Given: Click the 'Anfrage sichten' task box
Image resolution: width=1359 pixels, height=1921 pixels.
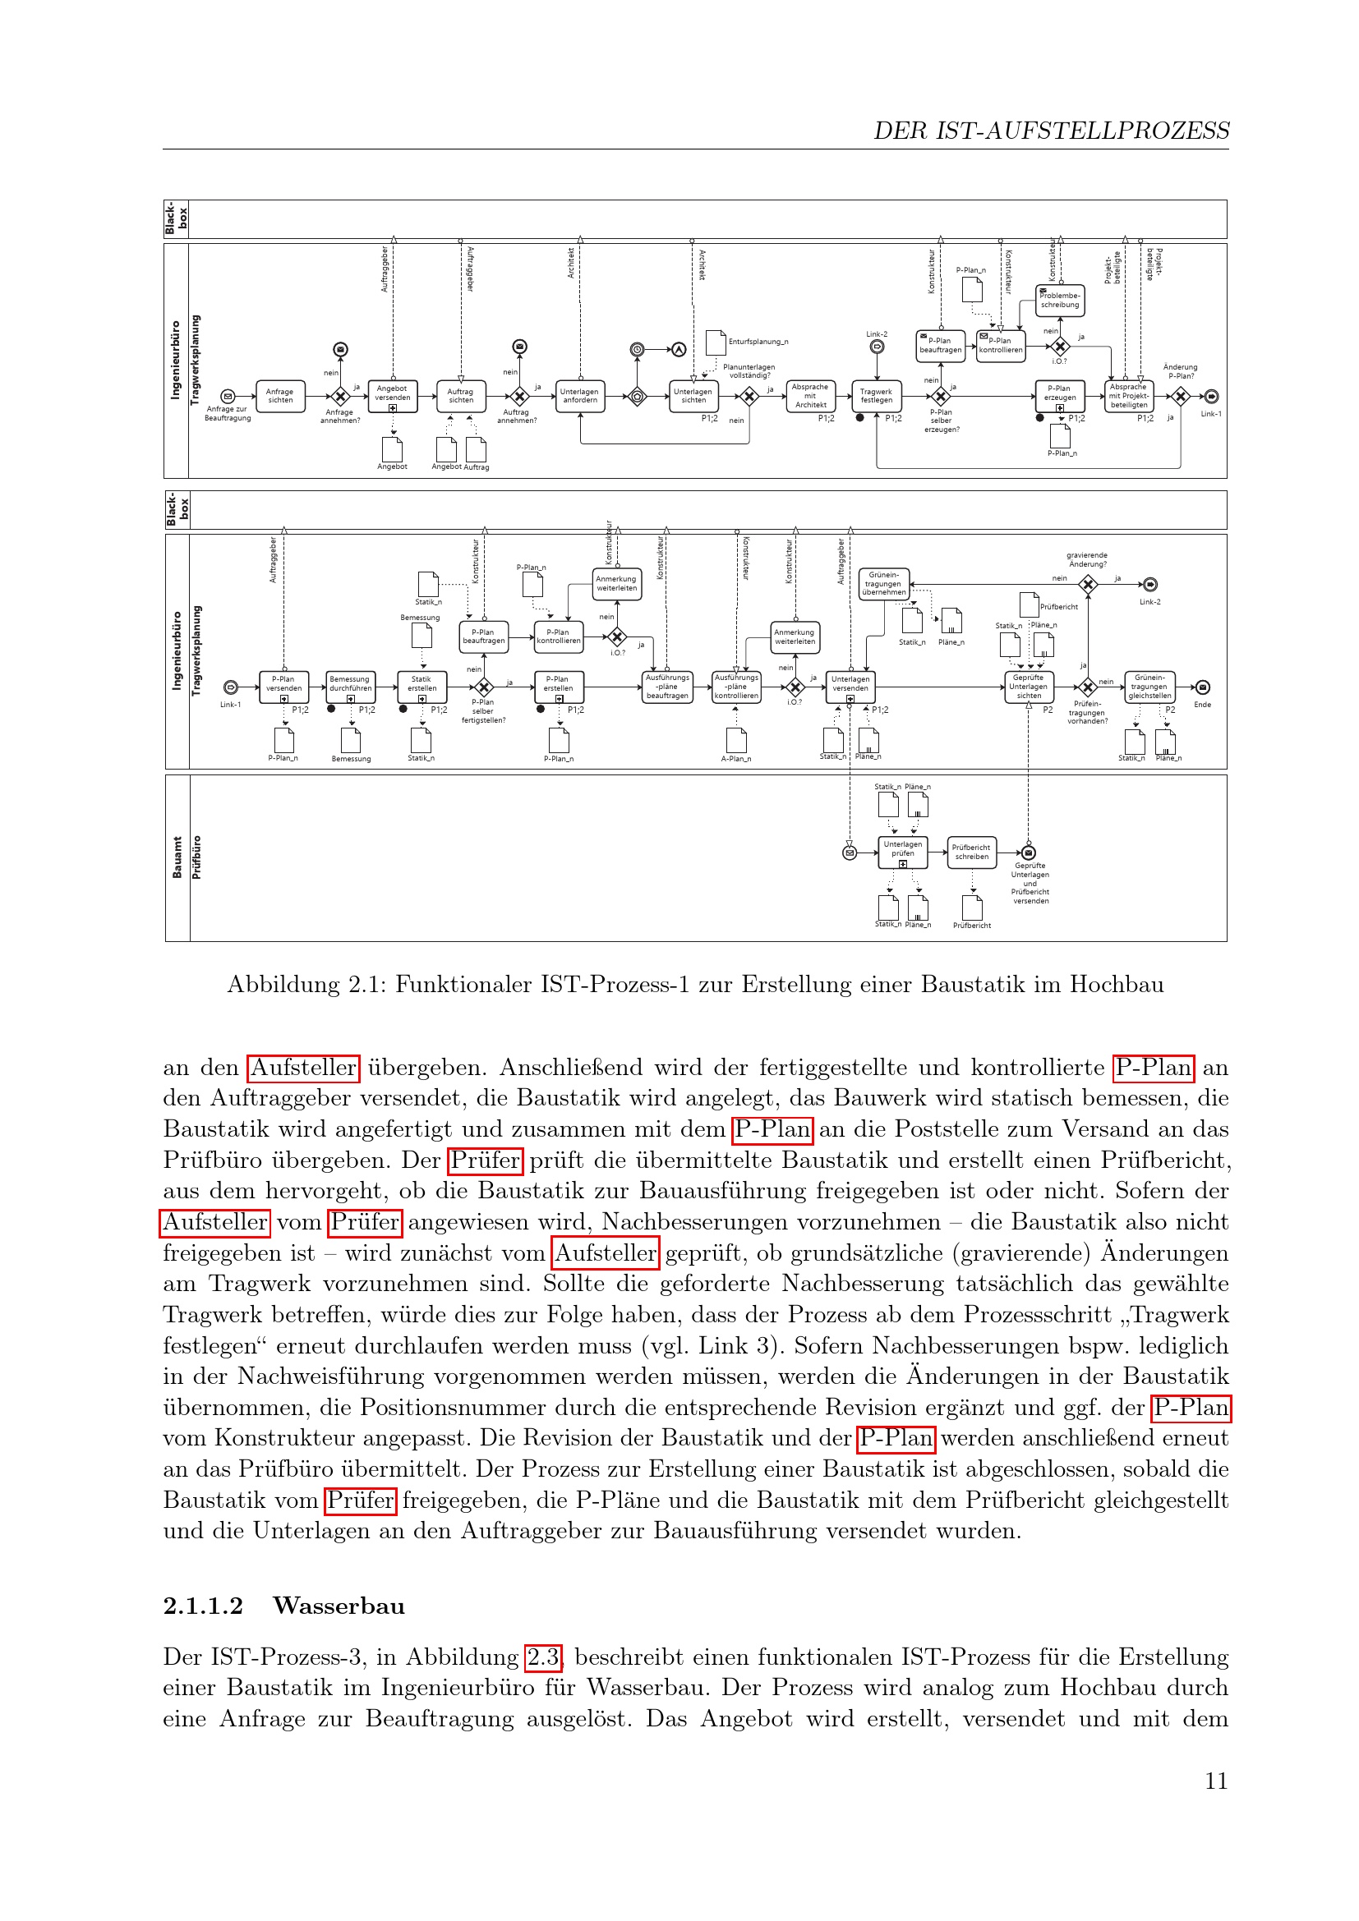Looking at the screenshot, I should (x=279, y=396).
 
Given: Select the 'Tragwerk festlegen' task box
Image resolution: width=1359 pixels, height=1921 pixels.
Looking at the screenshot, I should (x=876, y=396).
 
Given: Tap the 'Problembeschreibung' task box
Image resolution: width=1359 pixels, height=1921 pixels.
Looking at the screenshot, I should (x=1060, y=301).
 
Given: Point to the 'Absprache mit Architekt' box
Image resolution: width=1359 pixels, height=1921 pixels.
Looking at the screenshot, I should (x=810, y=396).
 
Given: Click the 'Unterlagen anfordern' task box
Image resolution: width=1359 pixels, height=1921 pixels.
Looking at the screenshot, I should (x=579, y=396).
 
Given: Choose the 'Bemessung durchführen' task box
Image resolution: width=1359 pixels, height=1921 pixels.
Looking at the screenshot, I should (x=350, y=685).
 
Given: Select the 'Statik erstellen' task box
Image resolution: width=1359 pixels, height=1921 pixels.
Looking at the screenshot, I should (x=422, y=685).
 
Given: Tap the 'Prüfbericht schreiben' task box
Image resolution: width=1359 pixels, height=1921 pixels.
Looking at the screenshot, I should (x=971, y=853).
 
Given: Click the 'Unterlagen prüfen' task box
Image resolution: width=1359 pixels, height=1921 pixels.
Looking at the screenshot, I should (x=902, y=852).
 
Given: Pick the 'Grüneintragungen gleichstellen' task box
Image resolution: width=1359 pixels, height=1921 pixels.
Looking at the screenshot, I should (x=1149, y=687).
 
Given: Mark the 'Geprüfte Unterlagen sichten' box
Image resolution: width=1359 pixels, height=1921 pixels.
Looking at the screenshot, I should (x=1029, y=687).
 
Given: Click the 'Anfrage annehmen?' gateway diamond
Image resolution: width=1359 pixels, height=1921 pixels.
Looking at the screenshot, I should (x=340, y=397).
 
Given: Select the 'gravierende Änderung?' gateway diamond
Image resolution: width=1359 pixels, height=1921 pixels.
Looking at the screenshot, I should (x=1088, y=585).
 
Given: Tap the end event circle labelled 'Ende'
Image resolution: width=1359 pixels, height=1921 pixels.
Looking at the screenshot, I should (x=1203, y=687).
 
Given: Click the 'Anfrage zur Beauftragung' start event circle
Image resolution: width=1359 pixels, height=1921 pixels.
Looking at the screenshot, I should (x=227, y=397).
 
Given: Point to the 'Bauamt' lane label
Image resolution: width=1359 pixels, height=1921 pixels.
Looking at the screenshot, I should (x=177, y=857).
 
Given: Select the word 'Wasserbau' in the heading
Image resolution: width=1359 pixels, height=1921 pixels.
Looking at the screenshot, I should (x=339, y=1606).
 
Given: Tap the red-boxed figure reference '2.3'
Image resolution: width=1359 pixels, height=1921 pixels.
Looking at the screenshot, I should (x=543, y=1657).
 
